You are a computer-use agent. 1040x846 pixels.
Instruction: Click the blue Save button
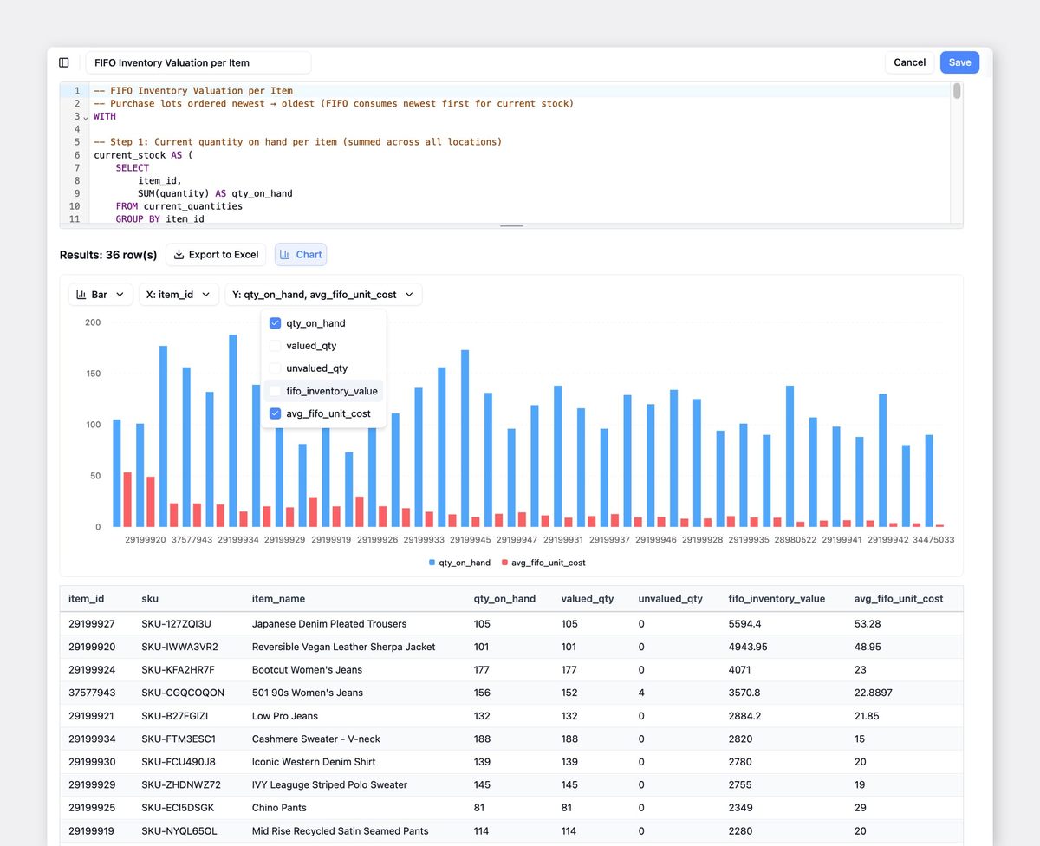pyautogui.click(x=959, y=62)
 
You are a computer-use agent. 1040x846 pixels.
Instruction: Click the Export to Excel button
pyautogui.click(x=216, y=254)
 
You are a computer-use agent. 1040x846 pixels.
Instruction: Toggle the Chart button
pyautogui.click(x=301, y=254)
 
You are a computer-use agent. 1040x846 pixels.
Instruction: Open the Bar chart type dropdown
pyautogui.click(x=100, y=295)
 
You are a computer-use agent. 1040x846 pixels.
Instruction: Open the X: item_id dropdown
pyautogui.click(x=179, y=295)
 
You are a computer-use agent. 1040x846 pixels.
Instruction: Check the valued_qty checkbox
pyautogui.click(x=275, y=346)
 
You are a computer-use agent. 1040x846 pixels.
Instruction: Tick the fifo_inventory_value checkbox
pyautogui.click(x=275, y=391)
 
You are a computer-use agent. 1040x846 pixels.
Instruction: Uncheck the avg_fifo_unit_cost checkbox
pyautogui.click(x=275, y=413)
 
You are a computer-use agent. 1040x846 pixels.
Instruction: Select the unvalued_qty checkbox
pyautogui.click(x=275, y=368)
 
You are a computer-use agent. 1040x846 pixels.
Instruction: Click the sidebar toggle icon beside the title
pyautogui.click(x=64, y=62)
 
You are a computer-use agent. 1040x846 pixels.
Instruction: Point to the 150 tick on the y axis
pyautogui.click(x=94, y=374)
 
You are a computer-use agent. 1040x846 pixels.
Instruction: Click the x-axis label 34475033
pyautogui.click(x=933, y=539)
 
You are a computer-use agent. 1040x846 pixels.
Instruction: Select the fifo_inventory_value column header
pyautogui.click(x=777, y=598)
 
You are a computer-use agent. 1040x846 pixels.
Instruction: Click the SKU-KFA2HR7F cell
pyautogui.click(x=178, y=669)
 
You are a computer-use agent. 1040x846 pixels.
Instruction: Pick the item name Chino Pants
pyautogui.click(x=279, y=808)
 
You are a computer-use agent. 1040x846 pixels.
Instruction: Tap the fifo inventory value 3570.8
pyautogui.click(x=744, y=693)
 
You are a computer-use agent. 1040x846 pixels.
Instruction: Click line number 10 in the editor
pyautogui.click(x=75, y=206)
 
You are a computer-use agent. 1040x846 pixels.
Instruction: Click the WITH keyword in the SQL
pyautogui.click(x=105, y=116)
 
